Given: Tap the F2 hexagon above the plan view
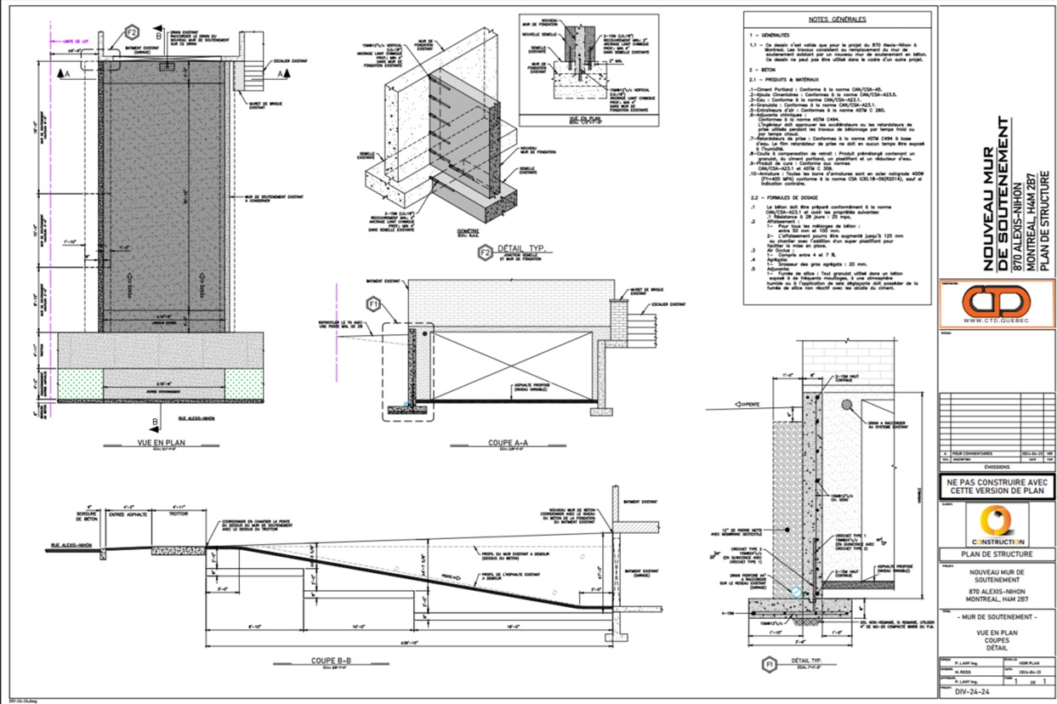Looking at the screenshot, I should (132, 32).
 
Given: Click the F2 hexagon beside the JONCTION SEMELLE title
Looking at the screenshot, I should (485, 252).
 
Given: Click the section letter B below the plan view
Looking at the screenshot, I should (154, 422).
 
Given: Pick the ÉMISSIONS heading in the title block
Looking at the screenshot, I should (996, 466).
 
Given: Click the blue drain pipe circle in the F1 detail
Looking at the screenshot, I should (796, 593).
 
